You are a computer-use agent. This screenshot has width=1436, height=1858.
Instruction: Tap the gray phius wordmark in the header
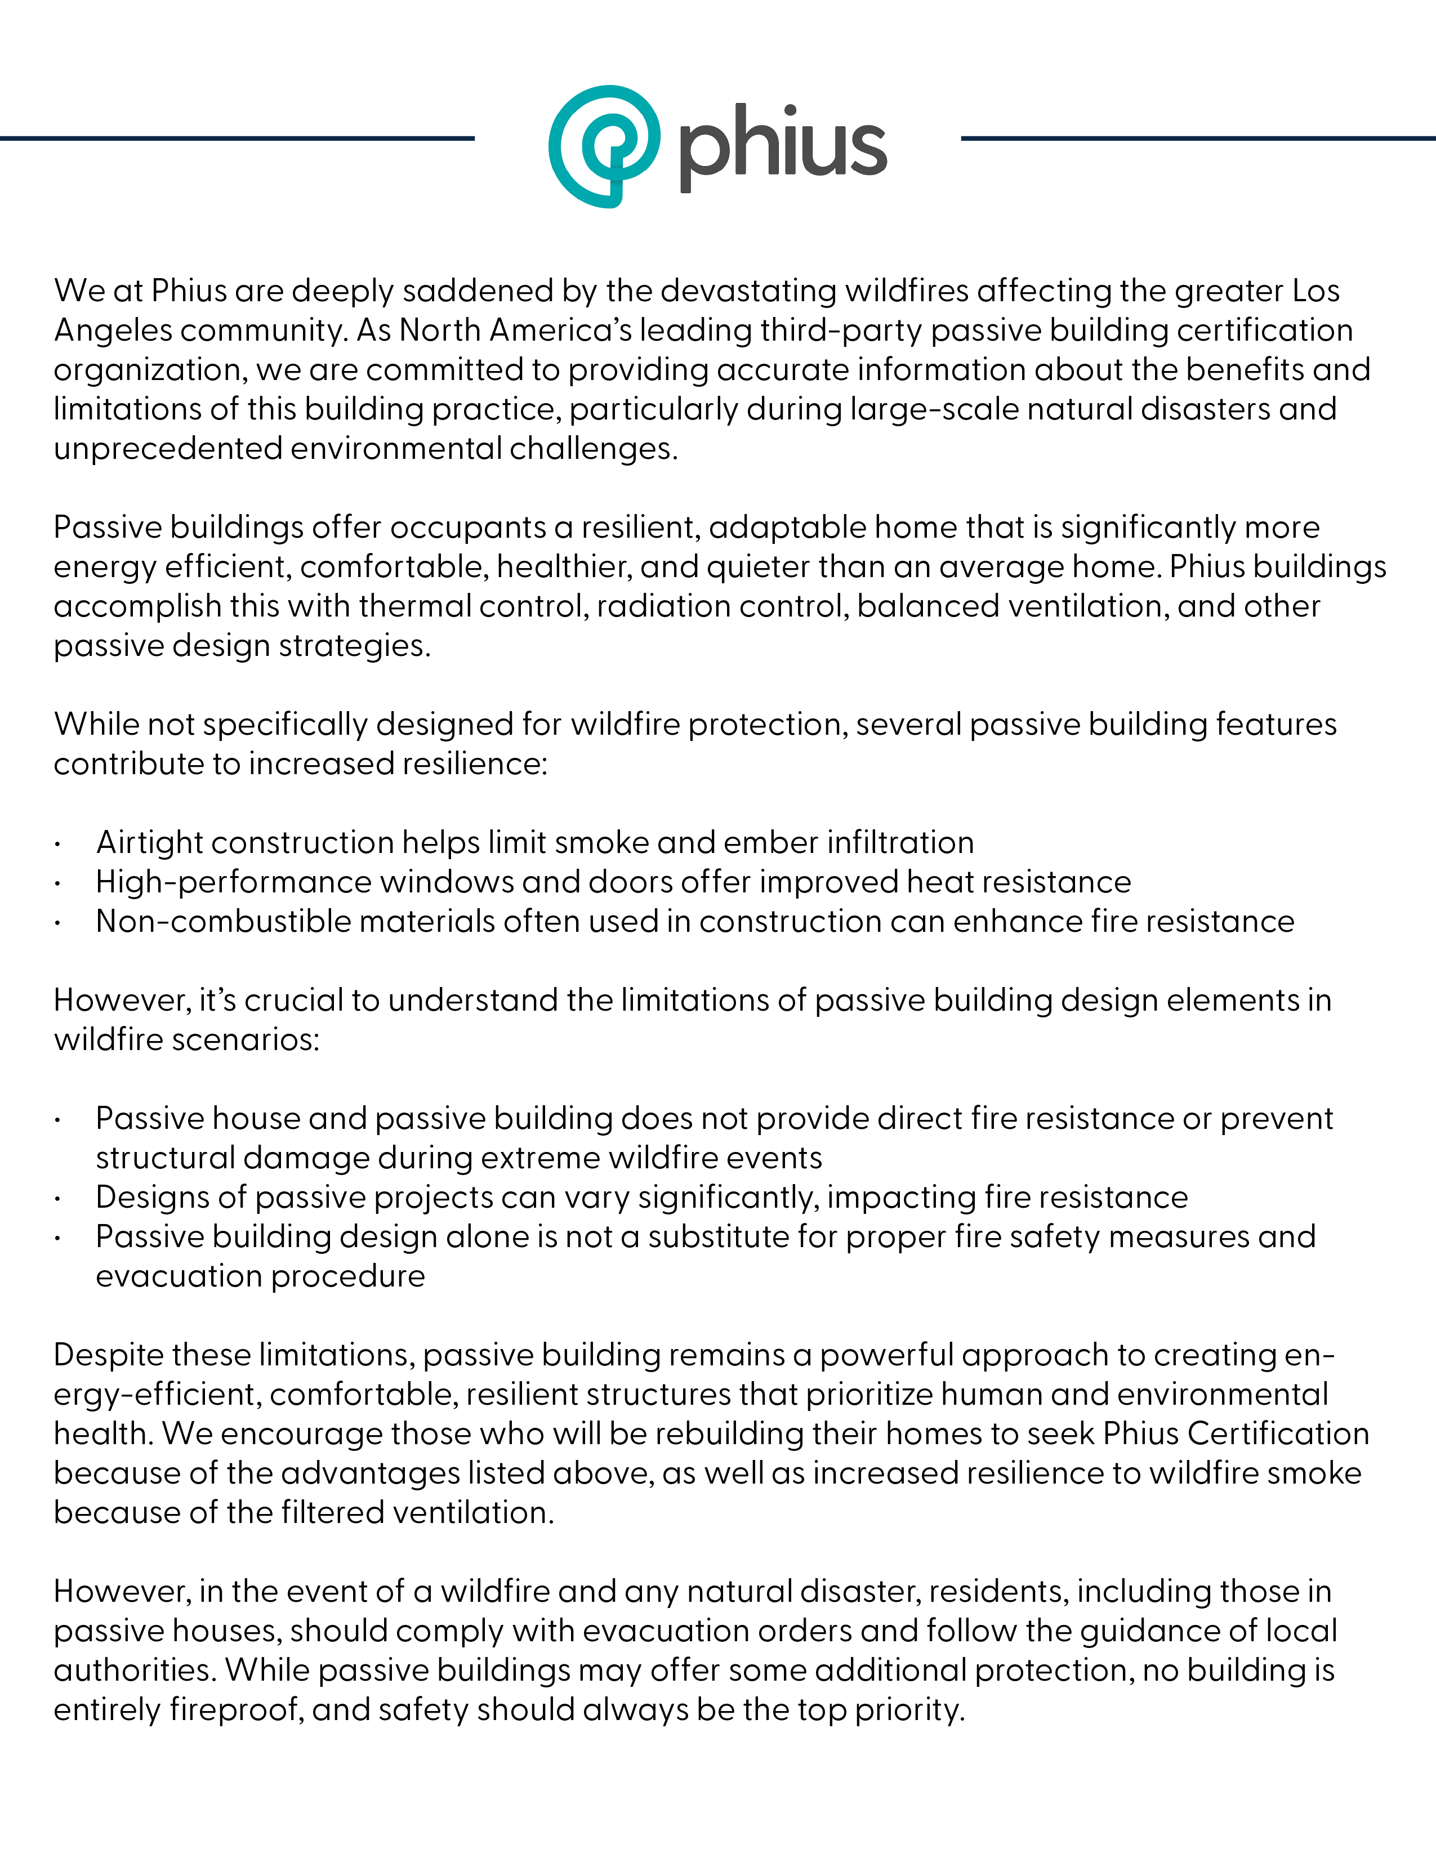tap(783, 146)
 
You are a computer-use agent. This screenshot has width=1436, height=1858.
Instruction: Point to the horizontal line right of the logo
tap(1198, 138)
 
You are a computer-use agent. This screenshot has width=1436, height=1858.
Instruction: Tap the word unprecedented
tap(168, 448)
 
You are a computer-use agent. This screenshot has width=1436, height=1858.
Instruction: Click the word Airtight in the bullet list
tap(149, 842)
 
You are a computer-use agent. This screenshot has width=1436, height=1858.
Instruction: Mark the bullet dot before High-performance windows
tap(57, 883)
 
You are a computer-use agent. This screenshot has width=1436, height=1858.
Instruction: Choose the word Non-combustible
tap(220, 921)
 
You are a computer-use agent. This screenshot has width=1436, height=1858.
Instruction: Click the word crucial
tap(295, 1001)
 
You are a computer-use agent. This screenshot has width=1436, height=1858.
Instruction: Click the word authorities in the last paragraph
tap(135, 1670)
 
